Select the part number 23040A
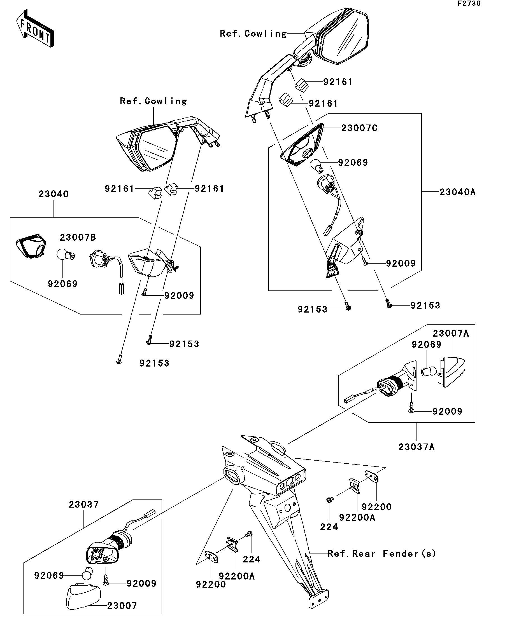[457, 192]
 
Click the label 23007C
[359, 128]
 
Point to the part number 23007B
[78, 237]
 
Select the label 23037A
[416, 447]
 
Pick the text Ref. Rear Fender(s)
[381, 554]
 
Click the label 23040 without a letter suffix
[53, 194]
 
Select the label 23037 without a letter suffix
[83, 505]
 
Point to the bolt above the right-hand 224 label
[330, 499]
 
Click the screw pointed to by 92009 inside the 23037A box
[411, 407]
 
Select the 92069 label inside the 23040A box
[353, 163]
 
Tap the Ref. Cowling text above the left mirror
[153, 101]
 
